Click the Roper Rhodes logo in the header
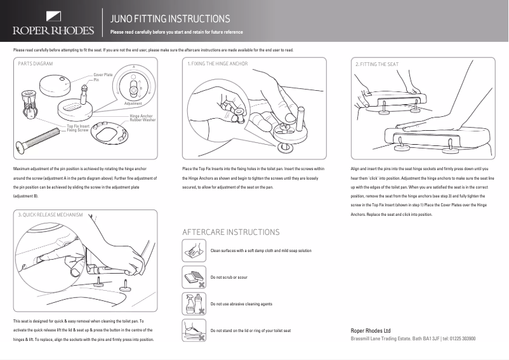(53, 23)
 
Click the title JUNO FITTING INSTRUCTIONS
(169, 19)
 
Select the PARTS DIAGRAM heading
(36, 64)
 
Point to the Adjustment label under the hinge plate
(133, 103)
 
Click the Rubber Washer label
(142, 120)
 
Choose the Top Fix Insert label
(78, 126)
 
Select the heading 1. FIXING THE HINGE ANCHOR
(217, 64)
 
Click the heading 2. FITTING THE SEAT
(377, 64)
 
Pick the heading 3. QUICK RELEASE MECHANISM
(51, 215)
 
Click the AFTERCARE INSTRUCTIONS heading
(230, 232)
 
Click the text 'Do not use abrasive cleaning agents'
(241, 304)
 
